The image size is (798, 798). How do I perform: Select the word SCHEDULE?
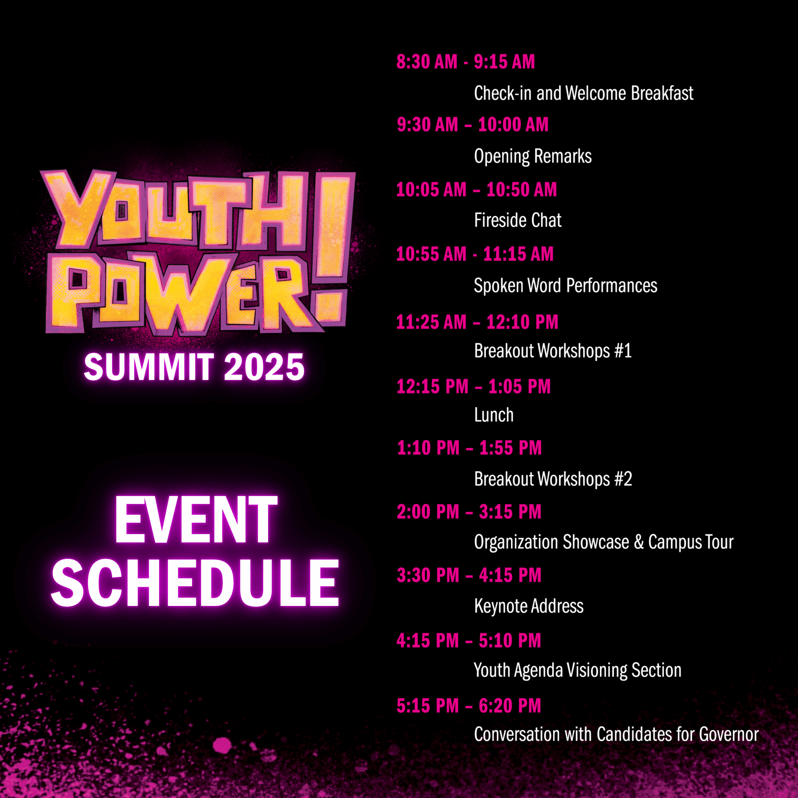pyautogui.click(x=195, y=583)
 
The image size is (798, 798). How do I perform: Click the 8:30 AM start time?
pyautogui.click(x=427, y=62)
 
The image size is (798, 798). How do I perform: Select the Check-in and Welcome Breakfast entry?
pyautogui.click(x=584, y=93)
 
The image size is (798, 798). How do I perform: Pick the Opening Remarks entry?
pyautogui.click(x=533, y=156)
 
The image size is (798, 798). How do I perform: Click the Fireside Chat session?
pyautogui.click(x=517, y=220)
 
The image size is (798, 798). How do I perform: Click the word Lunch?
pyautogui.click(x=493, y=415)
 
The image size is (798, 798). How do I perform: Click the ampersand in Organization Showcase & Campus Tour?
pyautogui.click(x=639, y=542)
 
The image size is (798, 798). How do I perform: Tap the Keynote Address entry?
pyautogui.click(x=529, y=606)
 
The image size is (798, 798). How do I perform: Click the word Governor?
pyautogui.click(x=729, y=734)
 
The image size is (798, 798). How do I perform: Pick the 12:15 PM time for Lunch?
pyautogui.click(x=432, y=387)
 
